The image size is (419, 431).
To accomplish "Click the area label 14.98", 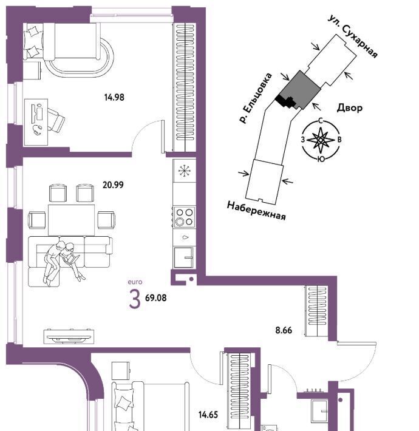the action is pos(114,97).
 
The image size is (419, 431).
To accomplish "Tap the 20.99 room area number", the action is pos(113,185).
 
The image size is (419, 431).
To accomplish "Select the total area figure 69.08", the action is pos(155,297).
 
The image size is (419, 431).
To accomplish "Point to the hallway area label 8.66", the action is pos(284,330).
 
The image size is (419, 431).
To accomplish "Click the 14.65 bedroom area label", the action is pos(208,415).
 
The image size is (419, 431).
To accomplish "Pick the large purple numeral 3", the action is pos(135,300).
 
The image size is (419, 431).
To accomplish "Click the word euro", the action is pos(135,282).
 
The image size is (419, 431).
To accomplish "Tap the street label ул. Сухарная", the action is pos(353,36).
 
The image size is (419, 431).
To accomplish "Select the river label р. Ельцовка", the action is pos(256,98).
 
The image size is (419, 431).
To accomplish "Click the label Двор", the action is pos(350,108).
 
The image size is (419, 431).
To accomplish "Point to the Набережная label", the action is pos(256,211).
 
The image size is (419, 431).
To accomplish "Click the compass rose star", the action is pos(321,140).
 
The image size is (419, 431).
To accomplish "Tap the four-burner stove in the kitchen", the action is pos(185,217).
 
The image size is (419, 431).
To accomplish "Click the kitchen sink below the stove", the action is pos(184,257).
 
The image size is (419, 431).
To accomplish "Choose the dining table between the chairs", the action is pos(72,220).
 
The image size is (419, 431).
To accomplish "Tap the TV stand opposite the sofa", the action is pos(69,336).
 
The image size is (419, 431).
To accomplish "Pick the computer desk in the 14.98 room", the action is pos(36,122).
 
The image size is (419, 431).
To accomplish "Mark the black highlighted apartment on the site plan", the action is pos(286,102).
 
